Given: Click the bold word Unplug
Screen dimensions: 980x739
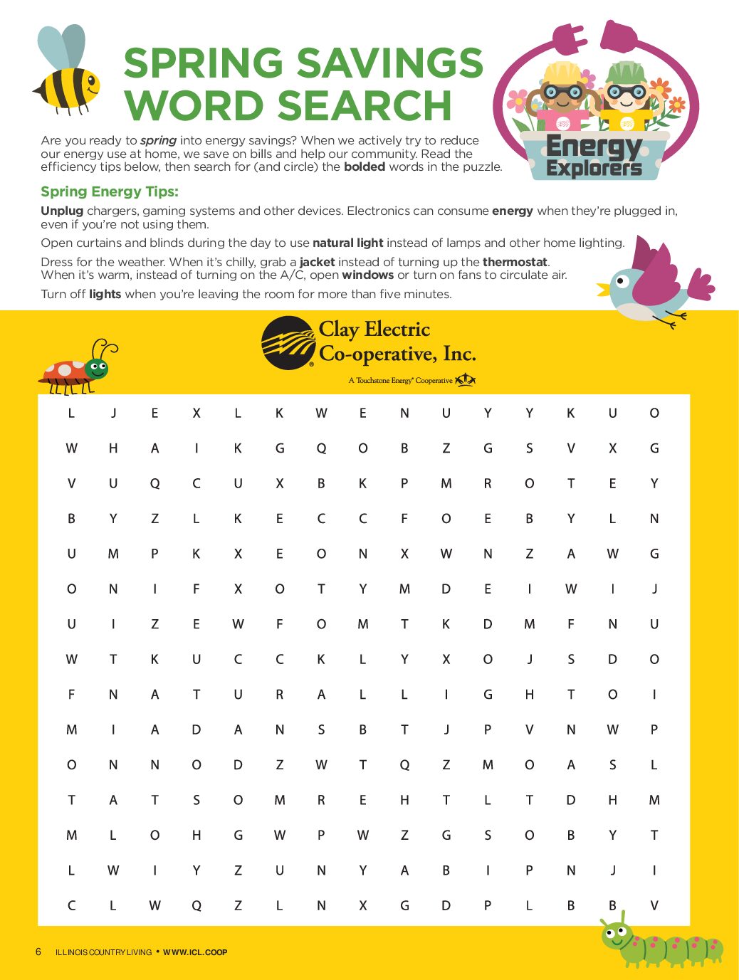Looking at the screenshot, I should click(62, 211).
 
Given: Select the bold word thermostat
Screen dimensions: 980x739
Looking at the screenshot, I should click(515, 262).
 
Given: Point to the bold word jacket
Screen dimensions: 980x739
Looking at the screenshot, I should click(317, 262).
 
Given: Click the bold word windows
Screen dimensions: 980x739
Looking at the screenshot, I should click(367, 275).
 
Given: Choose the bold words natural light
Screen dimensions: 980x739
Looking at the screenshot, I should click(347, 243).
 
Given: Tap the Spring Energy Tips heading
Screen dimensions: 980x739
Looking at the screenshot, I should click(110, 191).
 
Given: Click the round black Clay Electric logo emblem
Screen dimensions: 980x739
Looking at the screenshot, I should click(288, 343).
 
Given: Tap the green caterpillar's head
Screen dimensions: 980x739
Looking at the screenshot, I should click(616, 934).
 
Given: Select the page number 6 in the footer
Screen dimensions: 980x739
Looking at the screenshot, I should click(38, 952).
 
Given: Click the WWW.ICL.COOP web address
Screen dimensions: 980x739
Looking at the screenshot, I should click(195, 952).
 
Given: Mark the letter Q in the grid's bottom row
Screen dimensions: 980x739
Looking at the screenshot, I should click(196, 905).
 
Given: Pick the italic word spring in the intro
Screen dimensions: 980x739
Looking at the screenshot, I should click(158, 141).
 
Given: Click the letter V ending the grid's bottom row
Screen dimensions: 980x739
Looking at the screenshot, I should click(654, 905).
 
